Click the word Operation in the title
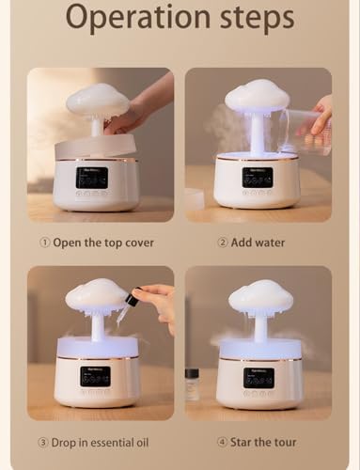[x=138, y=18]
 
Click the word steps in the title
[x=257, y=18]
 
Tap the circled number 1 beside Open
[x=45, y=243]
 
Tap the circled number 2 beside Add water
[x=223, y=243]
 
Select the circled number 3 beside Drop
[x=43, y=443]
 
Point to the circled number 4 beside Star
[x=222, y=443]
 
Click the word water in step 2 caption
[x=269, y=243]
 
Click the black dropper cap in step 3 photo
[x=132, y=297]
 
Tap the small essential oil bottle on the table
[x=192, y=385]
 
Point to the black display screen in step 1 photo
[x=93, y=178]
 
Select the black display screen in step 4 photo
[x=259, y=378]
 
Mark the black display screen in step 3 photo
[x=95, y=377]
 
